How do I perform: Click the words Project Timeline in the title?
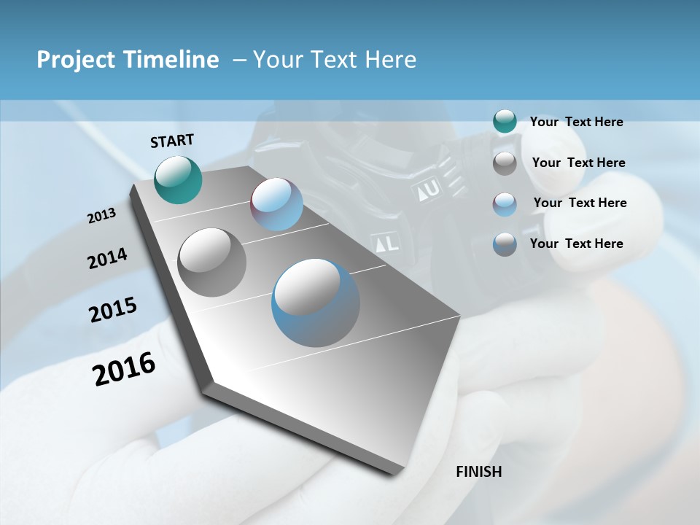click(128, 60)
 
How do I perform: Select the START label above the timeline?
click(172, 141)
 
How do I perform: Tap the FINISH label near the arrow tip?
click(478, 472)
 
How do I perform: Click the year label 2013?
click(101, 216)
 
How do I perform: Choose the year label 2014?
click(107, 258)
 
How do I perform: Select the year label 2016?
click(124, 369)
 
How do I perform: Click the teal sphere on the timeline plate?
click(178, 179)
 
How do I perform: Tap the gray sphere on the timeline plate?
click(211, 262)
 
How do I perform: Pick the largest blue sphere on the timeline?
click(315, 303)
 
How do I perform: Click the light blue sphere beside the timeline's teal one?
click(276, 204)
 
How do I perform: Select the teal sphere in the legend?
click(505, 122)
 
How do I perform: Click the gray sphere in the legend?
click(505, 163)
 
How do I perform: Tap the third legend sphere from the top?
click(505, 203)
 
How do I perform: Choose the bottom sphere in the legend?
click(505, 244)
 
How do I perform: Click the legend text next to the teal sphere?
click(576, 122)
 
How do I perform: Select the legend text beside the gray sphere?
click(578, 163)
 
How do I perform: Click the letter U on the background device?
click(432, 190)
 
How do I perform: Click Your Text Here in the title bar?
click(334, 60)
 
